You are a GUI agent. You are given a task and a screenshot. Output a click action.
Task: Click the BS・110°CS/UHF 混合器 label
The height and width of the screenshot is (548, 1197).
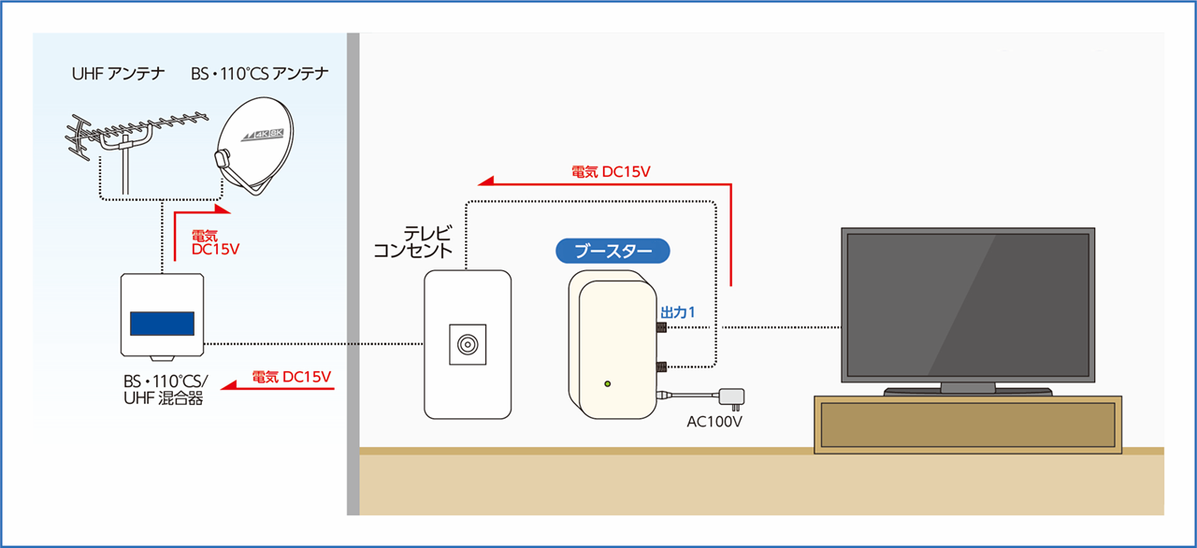(x=166, y=390)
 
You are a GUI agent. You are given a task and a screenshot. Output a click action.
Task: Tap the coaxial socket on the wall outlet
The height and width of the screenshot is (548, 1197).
(x=467, y=344)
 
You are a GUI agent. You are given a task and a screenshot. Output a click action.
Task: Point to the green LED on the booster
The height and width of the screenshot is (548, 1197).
(x=609, y=383)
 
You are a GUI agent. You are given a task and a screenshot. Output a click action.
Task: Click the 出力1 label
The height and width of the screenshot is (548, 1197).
(x=677, y=311)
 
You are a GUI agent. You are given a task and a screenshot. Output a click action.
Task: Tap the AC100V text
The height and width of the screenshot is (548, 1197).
(x=714, y=422)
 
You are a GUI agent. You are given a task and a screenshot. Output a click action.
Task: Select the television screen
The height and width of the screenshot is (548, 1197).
(x=968, y=304)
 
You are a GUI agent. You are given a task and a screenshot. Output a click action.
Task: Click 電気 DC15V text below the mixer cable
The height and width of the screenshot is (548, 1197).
(x=292, y=377)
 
